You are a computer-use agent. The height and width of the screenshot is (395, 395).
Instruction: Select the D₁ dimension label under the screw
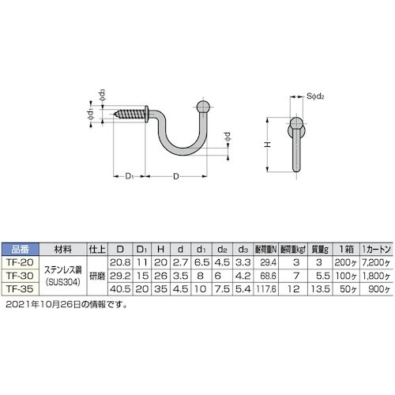coord(129,174)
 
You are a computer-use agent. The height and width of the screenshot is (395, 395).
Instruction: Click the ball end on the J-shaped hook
coord(204,108)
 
